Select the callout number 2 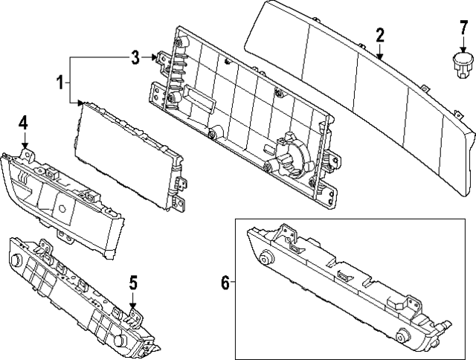coord(380,35)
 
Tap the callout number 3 coord(135,57)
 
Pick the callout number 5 coord(133,283)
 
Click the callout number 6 coord(225,283)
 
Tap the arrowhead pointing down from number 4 coord(25,144)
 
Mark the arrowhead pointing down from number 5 coord(132,305)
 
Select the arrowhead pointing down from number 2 coord(379,56)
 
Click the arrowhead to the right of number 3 coord(154,57)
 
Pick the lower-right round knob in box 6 coord(403,336)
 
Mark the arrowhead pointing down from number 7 coord(463,50)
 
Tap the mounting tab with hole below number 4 coord(28,155)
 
